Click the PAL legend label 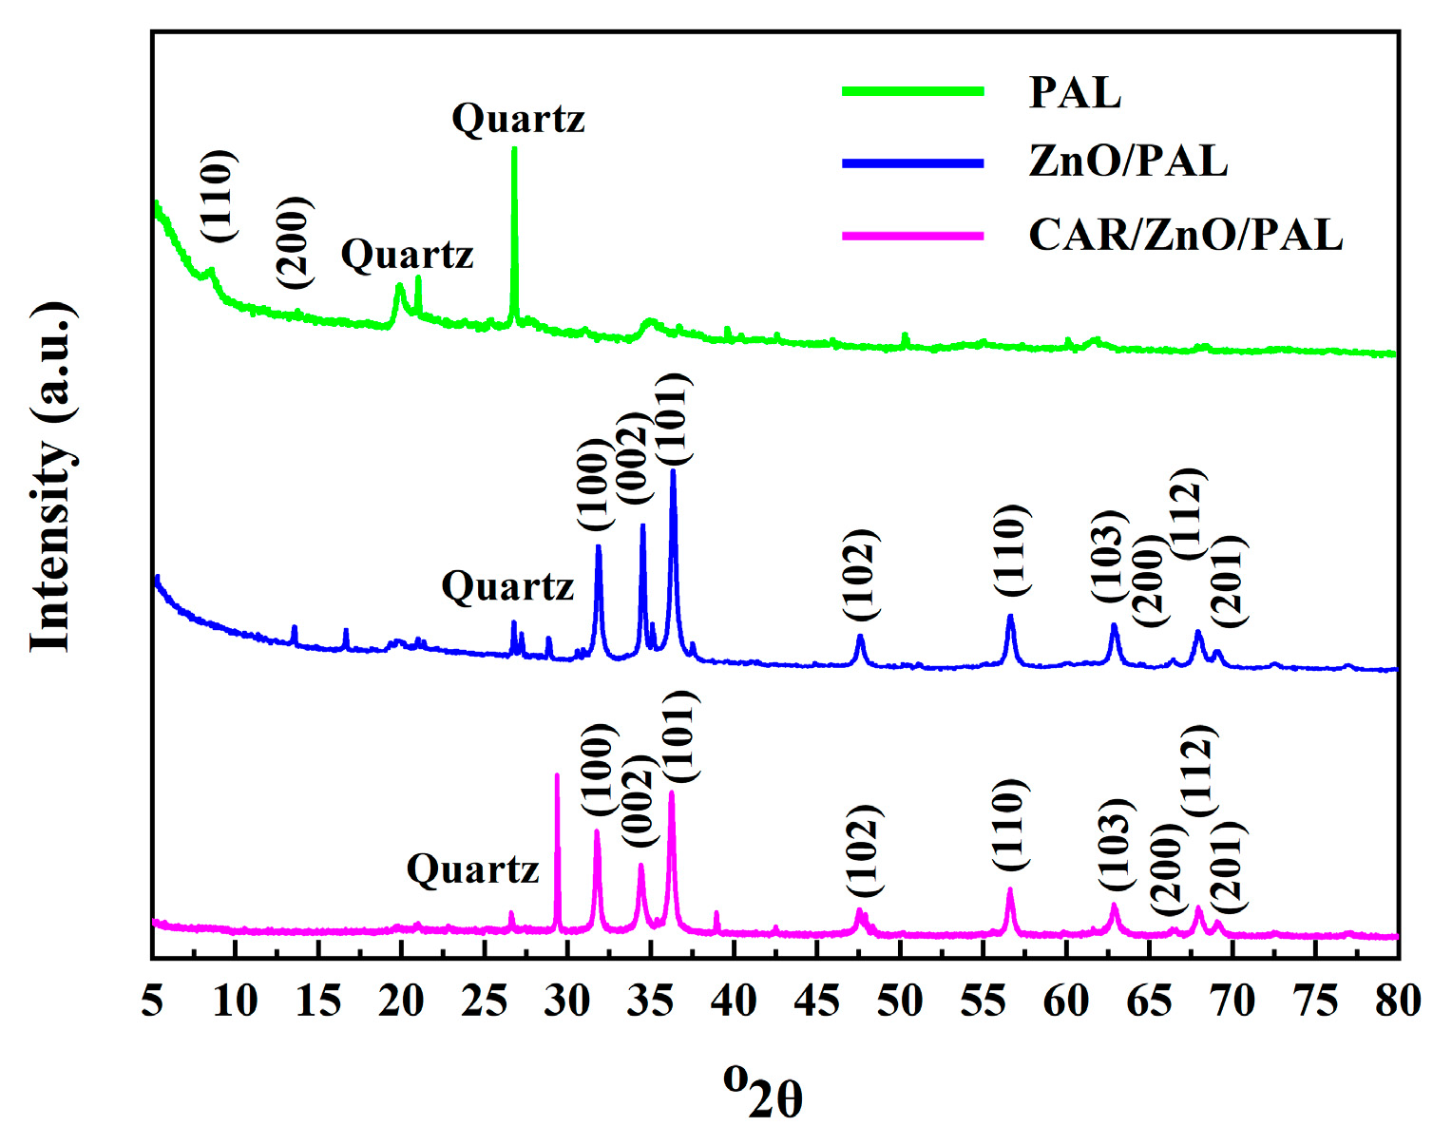pos(1075,93)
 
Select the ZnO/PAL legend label pos(1128,161)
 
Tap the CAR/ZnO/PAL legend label pos(1185,234)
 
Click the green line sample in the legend pos(912,91)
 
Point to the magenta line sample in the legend pos(912,235)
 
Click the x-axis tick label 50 pos(899,1001)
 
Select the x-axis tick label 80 pos(1397,1001)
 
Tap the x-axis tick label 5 pos(153,1001)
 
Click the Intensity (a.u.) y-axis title pos(51,478)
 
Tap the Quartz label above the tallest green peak pos(518,119)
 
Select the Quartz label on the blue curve pos(507,586)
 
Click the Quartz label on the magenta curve pos(472,868)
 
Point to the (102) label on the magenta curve pos(864,850)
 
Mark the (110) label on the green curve pos(218,196)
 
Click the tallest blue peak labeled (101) pos(673,472)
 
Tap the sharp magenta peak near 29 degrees pos(557,777)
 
